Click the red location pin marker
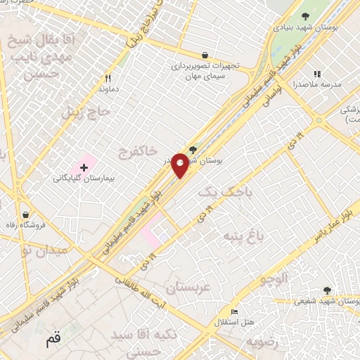pos(180,165)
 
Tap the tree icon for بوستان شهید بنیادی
pos(304,16)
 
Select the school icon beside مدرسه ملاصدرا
pos(317,74)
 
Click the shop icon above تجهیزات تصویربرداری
pos(205,55)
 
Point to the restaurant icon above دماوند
pos(108,78)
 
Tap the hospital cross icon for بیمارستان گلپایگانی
pos(84,167)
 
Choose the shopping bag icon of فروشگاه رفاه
pos(26,214)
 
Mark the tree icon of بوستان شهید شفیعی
pos(326,290)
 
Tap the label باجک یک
pos(214,191)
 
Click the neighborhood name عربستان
pos(187,287)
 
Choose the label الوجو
pos(274,279)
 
